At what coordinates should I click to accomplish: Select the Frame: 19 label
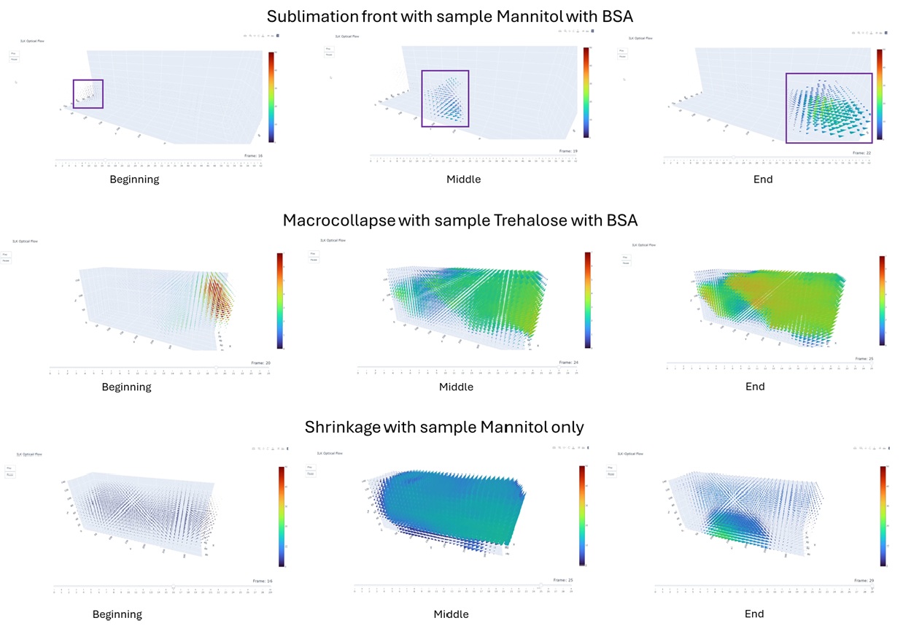click(x=568, y=151)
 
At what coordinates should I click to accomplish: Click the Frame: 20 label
click(x=262, y=363)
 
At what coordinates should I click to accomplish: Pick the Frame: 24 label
click(x=568, y=362)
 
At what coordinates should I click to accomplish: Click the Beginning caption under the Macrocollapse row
click(x=126, y=387)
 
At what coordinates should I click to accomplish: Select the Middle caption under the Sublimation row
click(x=463, y=179)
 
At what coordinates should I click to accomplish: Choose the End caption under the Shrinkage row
click(x=754, y=614)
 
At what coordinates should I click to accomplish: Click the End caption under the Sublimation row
click(x=763, y=179)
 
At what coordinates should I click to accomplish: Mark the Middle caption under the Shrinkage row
click(x=451, y=614)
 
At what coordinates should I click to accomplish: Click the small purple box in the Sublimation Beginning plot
click(x=88, y=94)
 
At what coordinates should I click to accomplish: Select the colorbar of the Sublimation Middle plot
click(x=586, y=93)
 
